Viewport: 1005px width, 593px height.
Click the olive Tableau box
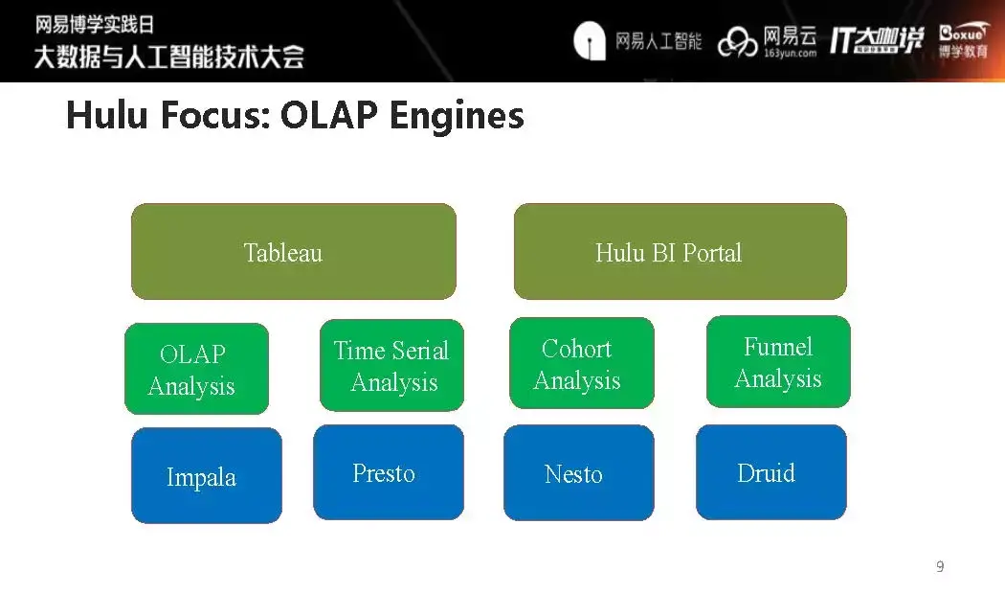(x=293, y=252)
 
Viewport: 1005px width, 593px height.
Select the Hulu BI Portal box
(x=680, y=252)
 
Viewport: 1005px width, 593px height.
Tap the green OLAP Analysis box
(x=196, y=369)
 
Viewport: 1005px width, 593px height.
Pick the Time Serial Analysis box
(x=391, y=366)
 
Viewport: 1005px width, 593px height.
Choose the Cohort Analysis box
(x=581, y=364)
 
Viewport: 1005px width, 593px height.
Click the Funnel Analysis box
(x=777, y=362)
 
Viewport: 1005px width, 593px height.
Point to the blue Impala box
(x=206, y=476)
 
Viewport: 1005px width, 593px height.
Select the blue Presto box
(x=388, y=472)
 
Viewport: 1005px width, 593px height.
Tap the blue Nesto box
(x=578, y=473)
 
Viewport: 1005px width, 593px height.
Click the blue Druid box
(x=770, y=472)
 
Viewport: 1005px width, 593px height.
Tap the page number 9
(x=940, y=567)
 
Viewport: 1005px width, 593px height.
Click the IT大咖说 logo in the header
(x=876, y=40)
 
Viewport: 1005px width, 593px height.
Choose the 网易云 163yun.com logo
(x=769, y=41)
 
